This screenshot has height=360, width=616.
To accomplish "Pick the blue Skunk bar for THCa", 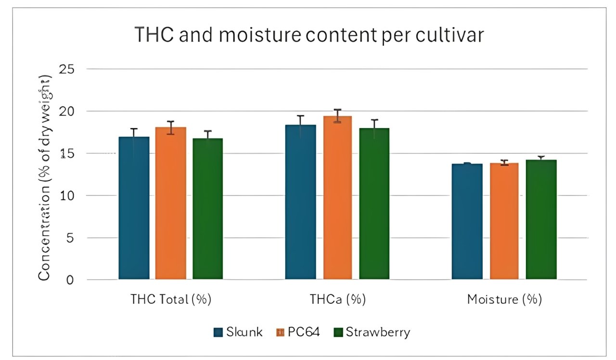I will (300, 202).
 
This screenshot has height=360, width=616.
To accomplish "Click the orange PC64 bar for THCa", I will (337, 197).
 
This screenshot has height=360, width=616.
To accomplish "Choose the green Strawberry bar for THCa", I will (374, 204).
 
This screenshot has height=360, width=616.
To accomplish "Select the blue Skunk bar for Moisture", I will (467, 221).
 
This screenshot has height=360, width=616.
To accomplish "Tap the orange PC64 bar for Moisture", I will (504, 221).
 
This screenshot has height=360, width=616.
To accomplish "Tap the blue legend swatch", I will (218, 333).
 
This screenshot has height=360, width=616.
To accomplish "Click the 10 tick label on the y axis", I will (66, 196).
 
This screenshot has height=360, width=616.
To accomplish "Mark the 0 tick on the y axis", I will (70, 280).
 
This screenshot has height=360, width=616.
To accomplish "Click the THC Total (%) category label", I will (171, 299).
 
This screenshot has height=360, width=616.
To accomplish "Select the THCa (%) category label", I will (337, 299).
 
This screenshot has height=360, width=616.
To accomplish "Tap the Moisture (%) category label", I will (504, 299).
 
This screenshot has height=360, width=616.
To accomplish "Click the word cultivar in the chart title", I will (448, 36).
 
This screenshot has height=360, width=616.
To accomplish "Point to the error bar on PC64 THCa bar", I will (337, 116).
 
